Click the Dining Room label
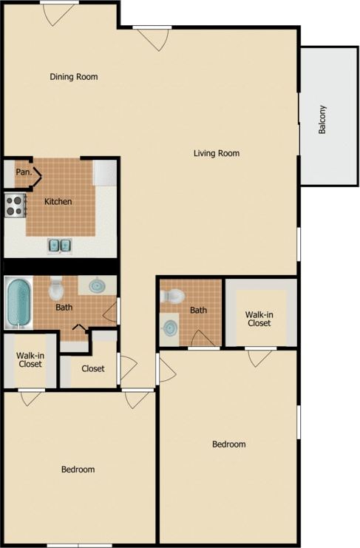(73, 77)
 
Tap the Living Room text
(217, 154)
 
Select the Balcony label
(322, 119)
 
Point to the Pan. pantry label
(24, 172)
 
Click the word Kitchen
(58, 201)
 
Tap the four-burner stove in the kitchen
(15, 205)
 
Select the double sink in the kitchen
(60, 244)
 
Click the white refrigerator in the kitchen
(104, 172)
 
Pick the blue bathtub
(18, 303)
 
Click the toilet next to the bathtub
(57, 288)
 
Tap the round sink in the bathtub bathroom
(97, 285)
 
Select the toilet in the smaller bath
(173, 296)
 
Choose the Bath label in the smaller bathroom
(198, 311)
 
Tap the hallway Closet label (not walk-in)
(92, 368)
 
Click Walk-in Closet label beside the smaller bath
(259, 319)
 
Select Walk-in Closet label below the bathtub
(29, 359)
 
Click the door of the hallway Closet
(126, 365)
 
